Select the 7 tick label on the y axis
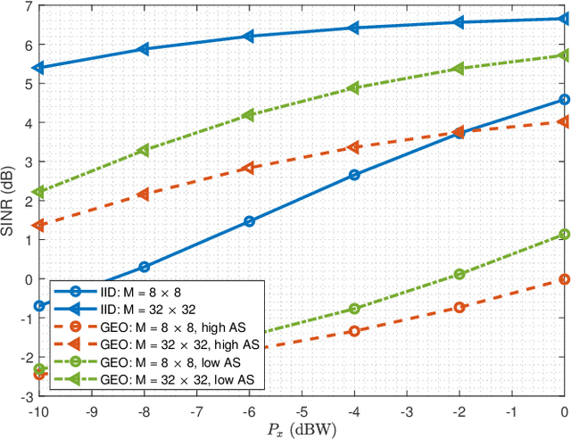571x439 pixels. coord(28,6)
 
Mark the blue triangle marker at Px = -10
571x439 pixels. coord(39,68)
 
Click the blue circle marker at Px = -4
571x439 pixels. coord(354,175)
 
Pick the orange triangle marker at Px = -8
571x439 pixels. coord(145,194)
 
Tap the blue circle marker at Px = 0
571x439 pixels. coord(564,100)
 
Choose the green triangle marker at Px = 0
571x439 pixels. coord(564,55)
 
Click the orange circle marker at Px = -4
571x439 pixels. coord(354,331)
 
